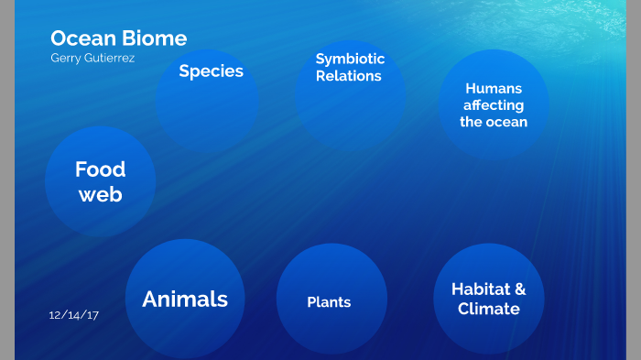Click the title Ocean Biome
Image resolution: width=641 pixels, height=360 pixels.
118,38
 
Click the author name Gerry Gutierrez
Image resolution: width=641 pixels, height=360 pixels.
93,58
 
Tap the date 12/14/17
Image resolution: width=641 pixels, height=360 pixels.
73,315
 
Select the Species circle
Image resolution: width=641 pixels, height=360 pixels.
208,99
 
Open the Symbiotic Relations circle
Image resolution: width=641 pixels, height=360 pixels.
350,96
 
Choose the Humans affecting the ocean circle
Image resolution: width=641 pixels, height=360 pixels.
494,104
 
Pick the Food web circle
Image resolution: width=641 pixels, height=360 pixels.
100,181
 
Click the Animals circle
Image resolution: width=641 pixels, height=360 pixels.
185,299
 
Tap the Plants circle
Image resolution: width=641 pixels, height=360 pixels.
331,300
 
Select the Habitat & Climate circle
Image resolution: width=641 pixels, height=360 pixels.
488,299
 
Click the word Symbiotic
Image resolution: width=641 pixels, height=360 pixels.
350,60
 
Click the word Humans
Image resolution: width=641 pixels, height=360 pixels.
494,89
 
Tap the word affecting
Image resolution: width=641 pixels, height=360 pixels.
494,105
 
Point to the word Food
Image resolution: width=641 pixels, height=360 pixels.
100,169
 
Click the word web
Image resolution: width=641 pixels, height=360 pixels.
100,194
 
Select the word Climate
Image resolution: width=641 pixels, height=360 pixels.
489,309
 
